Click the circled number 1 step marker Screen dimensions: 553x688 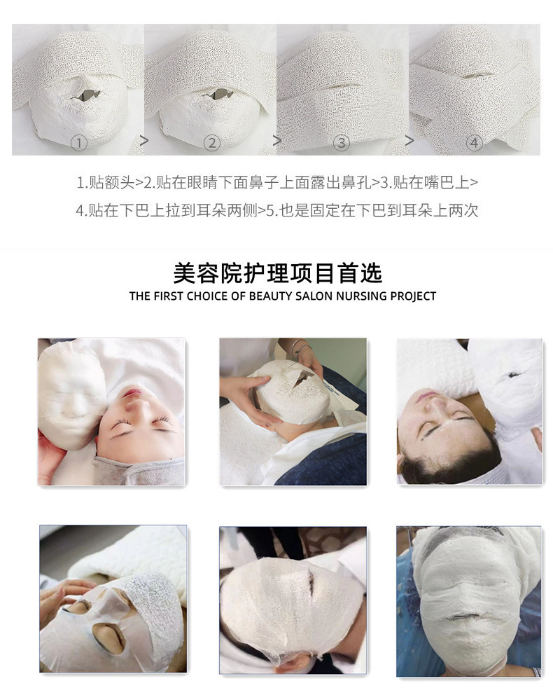pyautogui.click(x=79, y=143)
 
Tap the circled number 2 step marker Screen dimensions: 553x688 pyautogui.click(x=212, y=143)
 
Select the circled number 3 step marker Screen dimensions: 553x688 pyautogui.click(x=341, y=143)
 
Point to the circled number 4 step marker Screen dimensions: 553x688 pyautogui.click(x=474, y=143)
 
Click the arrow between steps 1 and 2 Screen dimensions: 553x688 pyautogui.click(x=144, y=142)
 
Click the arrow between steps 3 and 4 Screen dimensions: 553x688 pyautogui.click(x=409, y=142)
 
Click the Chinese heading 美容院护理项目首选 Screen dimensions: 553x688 pyautogui.click(x=278, y=273)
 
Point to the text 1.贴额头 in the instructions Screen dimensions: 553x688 pyautogui.click(x=105, y=182)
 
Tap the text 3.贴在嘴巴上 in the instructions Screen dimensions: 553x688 pyautogui.click(x=424, y=182)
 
